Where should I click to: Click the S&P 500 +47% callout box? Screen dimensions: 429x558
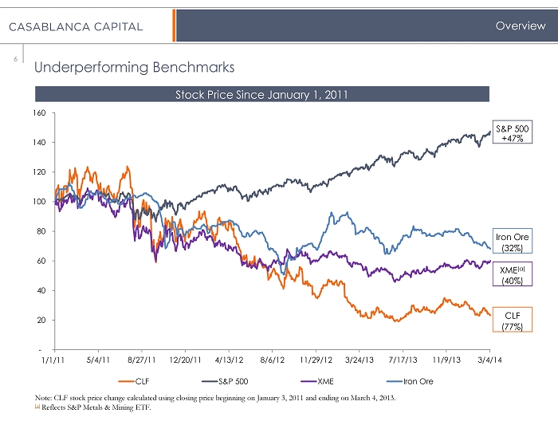pos(512,132)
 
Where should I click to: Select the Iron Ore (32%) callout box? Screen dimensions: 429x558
pos(511,242)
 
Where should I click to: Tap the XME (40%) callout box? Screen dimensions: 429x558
pos(511,274)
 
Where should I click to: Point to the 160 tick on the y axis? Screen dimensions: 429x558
pos(40,113)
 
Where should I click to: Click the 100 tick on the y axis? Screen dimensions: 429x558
pos(40,202)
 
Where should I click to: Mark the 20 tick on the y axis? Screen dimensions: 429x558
pos(41,321)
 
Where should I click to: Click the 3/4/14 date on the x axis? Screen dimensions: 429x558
pos(489,360)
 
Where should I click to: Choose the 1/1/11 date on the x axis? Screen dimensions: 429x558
pos(53,360)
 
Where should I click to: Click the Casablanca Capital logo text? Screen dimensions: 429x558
pos(76,26)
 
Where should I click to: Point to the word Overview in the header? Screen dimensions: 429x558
pos(520,26)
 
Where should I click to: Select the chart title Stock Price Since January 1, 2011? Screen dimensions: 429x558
pos(261,95)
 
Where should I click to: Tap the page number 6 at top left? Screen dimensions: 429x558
pos(15,58)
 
